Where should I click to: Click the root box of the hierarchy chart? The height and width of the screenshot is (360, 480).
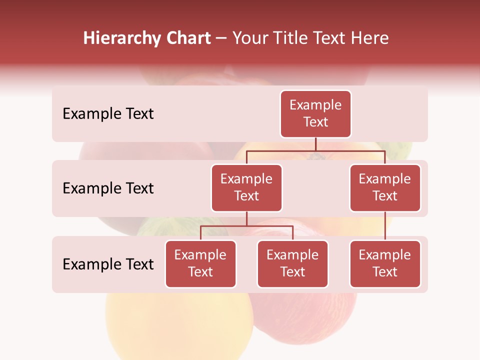pyautogui.click(x=315, y=113)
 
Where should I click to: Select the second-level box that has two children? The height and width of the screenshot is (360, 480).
pyautogui.click(x=246, y=187)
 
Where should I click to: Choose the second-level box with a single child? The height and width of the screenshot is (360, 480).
pyautogui.click(x=385, y=187)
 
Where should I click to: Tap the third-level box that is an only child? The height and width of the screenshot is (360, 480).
pyautogui.click(x=385, y=263)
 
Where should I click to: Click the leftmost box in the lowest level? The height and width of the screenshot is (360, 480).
pyautogui.click(x=200, y=263)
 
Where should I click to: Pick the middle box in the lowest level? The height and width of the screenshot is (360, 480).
pyautogui.click(x=292, y=263)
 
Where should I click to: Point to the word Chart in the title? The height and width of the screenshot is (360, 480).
pyautogui.click(x=186, y=38)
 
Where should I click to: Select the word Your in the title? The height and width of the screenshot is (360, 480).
pyautogui.click(x=250, y=38)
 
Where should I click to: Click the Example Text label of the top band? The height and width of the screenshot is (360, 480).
pyautogui.click(x=108, y=113)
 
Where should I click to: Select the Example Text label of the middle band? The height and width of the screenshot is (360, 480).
pyautogui.click(x=108, y=188)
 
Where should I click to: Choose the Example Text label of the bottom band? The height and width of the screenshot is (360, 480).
pyautogui.click(x=108, y=264)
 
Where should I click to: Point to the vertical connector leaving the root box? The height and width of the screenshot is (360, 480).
pyautogui.click(x=315, y=144)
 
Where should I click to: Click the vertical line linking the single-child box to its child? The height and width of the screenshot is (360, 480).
pyautogui.click(x=385, y=226)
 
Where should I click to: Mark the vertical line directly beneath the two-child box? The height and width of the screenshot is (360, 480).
pyautogui.click(x=246, y=219)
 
